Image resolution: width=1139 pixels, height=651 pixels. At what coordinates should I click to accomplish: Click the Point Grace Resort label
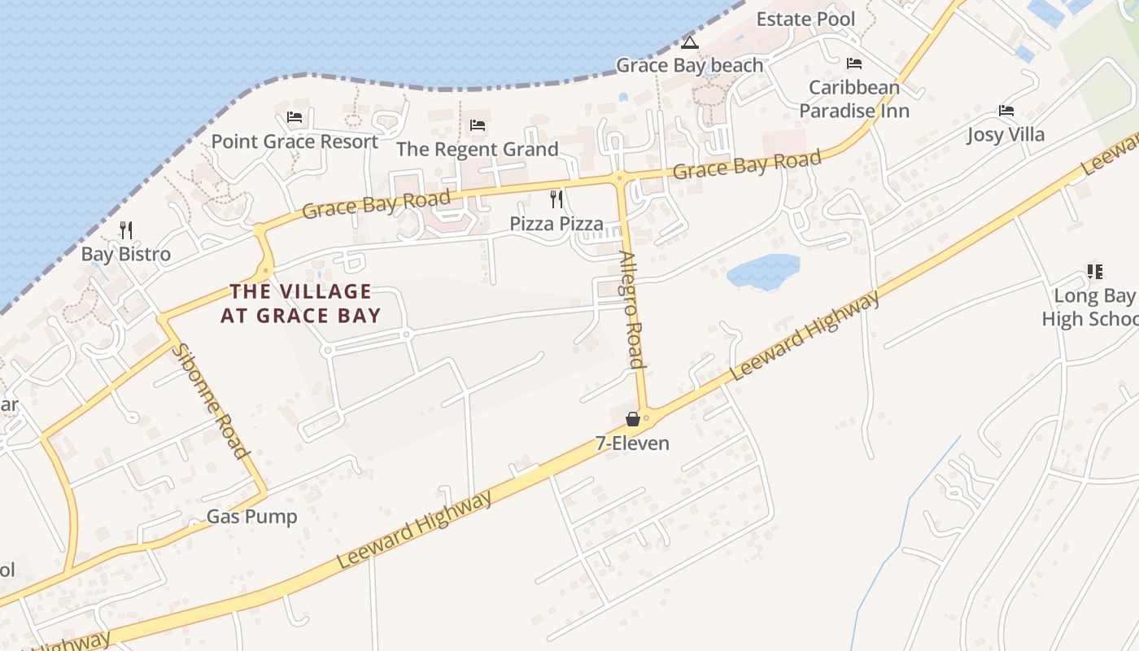(295, 142)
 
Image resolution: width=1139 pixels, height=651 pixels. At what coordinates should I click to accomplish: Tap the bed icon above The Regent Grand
(478, 125)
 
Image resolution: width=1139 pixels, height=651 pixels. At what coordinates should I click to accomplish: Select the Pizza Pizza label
(556, 224)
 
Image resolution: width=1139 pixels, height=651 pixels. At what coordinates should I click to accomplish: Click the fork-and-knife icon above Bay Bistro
(126, 230)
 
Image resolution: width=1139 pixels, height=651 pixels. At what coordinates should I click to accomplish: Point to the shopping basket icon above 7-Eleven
(633, 419)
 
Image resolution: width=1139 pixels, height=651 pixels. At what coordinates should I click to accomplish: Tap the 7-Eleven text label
(633, 443)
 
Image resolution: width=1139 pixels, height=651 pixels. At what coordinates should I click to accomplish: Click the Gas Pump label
(251, 517)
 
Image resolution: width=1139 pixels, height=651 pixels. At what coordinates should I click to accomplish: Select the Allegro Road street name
(632, 309)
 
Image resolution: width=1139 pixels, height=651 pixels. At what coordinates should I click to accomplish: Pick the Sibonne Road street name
(211, 400)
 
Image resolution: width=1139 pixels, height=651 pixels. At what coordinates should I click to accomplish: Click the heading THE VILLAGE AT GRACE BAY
(301, 304)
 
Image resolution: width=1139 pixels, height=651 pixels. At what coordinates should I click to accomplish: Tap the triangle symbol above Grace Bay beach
(690, 42)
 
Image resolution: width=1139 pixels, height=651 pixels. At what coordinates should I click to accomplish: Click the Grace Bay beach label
(690, 65)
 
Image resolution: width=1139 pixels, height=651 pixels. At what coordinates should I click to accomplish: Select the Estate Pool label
(805, 19)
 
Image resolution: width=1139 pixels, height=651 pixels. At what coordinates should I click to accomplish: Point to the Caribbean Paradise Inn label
(853, 98)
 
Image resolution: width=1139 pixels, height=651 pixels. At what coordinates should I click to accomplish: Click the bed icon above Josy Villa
(1006, 111)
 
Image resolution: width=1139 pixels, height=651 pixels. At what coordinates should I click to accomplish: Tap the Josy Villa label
(1006, 134)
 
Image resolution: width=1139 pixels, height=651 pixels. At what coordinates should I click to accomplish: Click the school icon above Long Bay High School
(1094, 272)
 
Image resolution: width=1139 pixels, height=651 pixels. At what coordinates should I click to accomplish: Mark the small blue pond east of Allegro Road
(763, 271)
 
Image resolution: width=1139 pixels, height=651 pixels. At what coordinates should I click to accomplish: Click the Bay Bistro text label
(126, 254)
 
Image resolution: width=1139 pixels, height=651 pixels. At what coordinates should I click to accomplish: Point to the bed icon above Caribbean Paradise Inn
(854, 63)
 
